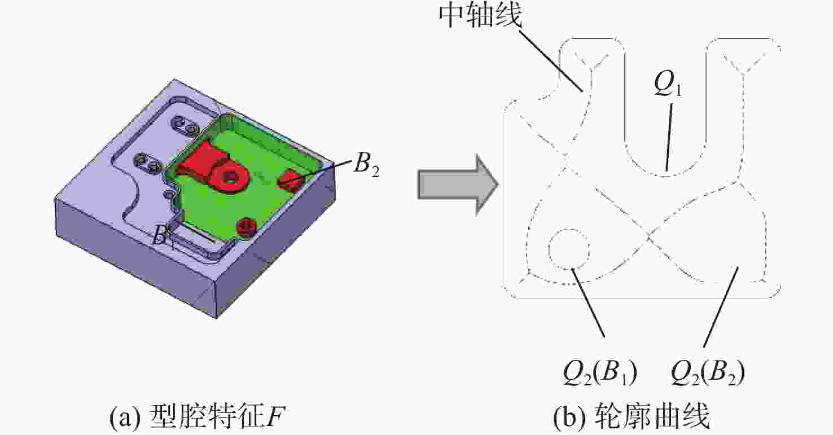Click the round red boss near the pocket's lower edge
246,227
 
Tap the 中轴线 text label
480,18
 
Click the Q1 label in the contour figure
668,85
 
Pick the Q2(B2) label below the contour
707,374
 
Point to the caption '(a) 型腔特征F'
197,418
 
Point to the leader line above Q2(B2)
720,307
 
